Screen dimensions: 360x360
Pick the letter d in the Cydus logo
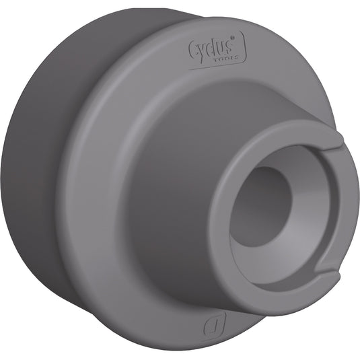(211, 48)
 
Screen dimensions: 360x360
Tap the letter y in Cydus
(202, 51)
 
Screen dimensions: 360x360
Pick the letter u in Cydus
(219, 48)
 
